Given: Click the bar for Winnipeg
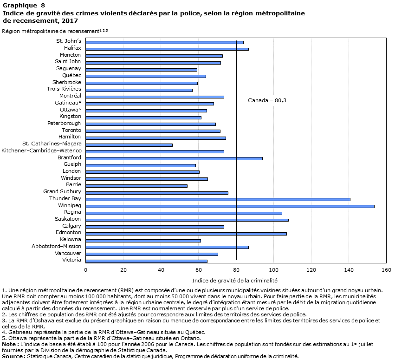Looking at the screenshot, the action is pos(230,206).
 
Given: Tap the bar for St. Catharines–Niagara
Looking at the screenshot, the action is pos(129,145).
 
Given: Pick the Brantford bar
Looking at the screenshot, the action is pos(174,158).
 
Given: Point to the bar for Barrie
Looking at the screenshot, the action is pos(136,186).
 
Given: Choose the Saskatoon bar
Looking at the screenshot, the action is pos(187,220).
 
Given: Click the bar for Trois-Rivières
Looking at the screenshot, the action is pos(139,90).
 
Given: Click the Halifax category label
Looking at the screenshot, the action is pos(72,48).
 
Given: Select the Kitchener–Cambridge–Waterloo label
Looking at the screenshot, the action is pos(42,151).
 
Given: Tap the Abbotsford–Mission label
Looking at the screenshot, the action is pos(57,246).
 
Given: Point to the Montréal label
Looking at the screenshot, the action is pos(70,96).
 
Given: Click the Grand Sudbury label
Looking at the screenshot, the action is pos(62,191).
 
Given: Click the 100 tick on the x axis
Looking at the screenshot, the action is pos(273,270).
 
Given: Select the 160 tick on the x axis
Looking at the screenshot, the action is pos(387,270).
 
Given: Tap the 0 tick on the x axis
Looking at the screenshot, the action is pos(86,270).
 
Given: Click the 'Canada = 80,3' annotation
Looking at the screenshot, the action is pos(267,100).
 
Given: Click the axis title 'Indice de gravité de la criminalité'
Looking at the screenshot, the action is pos(235,281).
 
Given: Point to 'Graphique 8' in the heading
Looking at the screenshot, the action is pos(24,5).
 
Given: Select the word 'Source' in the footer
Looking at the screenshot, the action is pos(12,356).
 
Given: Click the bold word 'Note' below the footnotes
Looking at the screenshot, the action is pos(9,344).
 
